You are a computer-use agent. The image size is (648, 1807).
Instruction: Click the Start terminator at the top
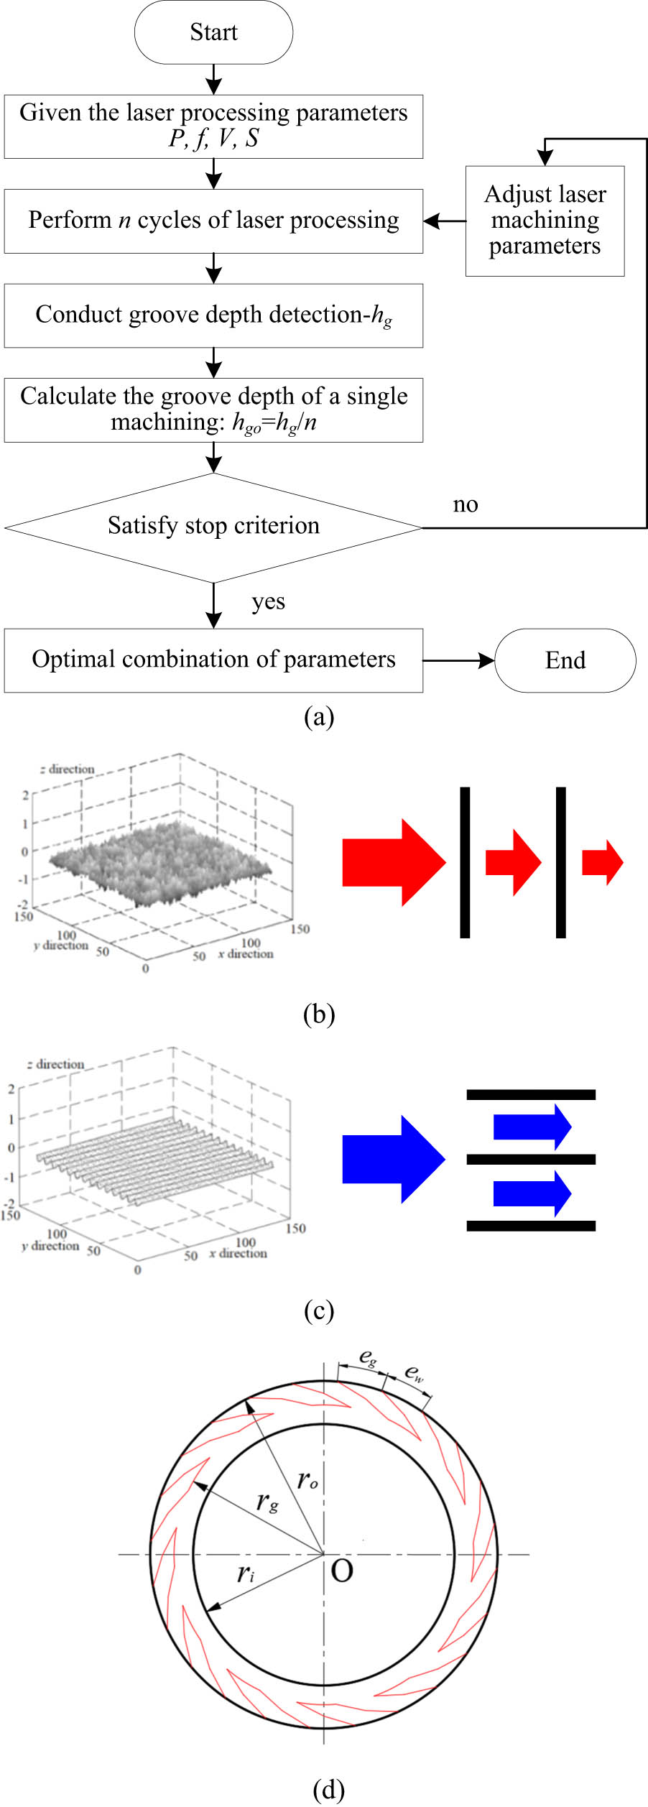click(213, 32)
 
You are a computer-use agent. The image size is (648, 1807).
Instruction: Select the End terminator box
click(565, 660)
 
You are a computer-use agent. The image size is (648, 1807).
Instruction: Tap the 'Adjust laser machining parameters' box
click(545, 221)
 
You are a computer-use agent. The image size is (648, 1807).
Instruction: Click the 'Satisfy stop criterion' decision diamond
click(213, 527)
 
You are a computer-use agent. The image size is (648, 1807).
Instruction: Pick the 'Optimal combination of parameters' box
click(213, 660)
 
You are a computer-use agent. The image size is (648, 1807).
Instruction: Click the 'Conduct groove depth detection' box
click(213, 315)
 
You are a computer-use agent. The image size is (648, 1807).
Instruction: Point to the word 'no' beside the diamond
click(466, 505)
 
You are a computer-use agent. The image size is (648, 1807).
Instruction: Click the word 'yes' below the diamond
click(268, 601)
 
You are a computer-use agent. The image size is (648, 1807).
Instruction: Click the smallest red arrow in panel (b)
click(602, 861)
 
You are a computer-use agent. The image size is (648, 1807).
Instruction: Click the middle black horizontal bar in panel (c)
click(531, 1159)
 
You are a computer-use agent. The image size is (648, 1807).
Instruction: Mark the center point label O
click(342, 1571)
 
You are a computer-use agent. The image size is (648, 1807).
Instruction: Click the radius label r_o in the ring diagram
click(307, 1479)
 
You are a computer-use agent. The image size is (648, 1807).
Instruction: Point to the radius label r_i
click(246, 1573)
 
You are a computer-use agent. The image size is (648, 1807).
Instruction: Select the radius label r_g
click(267, 1501)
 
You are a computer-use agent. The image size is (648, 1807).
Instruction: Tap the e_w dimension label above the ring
click(415, 1373)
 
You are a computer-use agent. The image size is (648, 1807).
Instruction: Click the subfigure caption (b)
click(319, 1014)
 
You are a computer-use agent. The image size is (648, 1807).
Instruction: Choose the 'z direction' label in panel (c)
click(55, 1064)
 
